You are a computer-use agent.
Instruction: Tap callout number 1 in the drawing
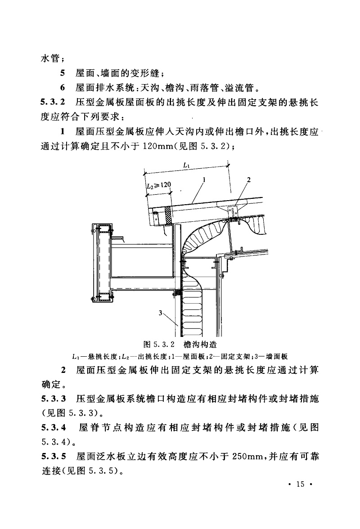[x=204, y=179]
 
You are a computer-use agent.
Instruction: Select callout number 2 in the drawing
[x=249, y=179]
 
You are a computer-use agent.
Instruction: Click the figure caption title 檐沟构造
[x=200, y=345]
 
